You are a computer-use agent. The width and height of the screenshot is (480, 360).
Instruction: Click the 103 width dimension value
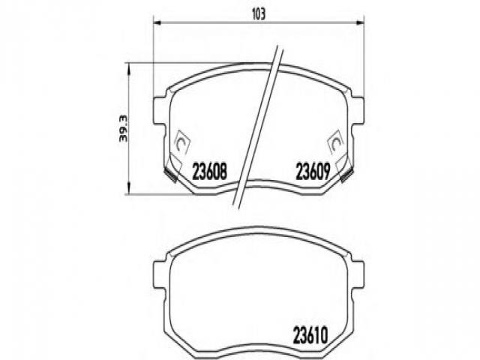point(258,13)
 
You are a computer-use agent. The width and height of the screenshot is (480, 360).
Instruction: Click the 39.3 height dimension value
point(123,128)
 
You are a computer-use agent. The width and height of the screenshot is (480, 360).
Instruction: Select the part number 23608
point(210,172)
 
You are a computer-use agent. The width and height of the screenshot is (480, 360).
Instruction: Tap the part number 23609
point(313,172)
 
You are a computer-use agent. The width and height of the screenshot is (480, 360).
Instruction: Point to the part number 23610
point(311,335)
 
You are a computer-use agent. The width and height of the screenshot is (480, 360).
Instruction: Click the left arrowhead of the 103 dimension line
point(157,22)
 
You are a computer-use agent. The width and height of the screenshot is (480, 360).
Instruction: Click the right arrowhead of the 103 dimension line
point(360,22)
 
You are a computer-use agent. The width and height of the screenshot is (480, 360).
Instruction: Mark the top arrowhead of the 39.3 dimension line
point(128,67)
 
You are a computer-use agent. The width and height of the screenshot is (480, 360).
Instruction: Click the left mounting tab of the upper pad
point(160,111)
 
